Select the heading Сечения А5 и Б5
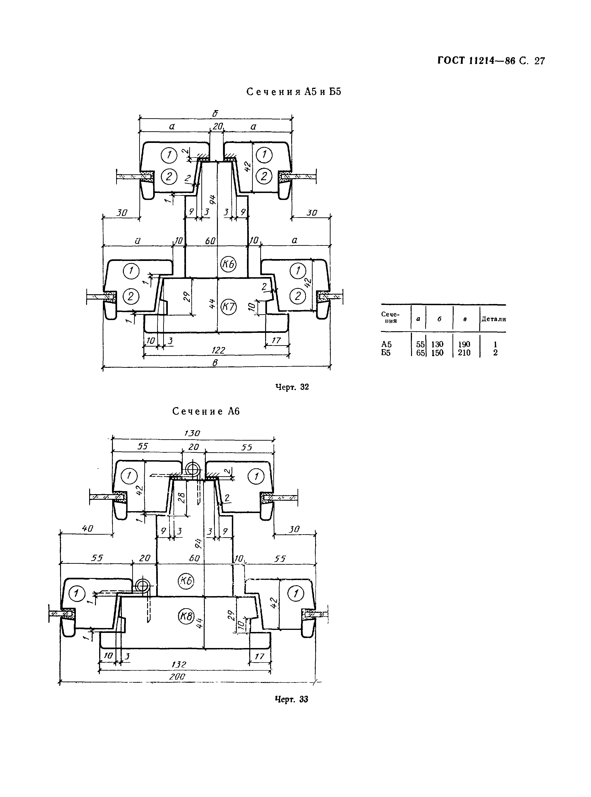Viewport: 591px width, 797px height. point(294,92)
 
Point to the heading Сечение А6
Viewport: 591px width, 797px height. point(206,411)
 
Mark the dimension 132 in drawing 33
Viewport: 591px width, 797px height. point(179,664)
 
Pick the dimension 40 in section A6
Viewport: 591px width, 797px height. point(87,528)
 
